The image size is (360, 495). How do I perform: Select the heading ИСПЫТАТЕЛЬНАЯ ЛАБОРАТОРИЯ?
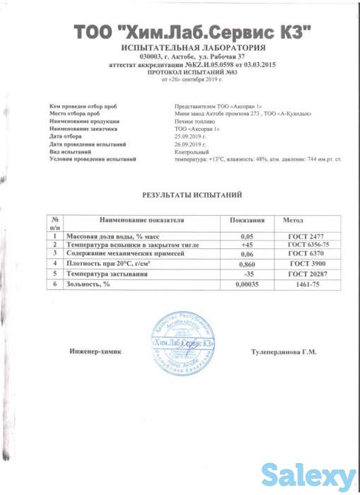point(193,48)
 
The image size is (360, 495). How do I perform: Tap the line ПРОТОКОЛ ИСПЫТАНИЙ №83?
point(193,72)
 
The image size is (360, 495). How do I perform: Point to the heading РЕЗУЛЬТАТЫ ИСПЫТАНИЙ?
point(192,193)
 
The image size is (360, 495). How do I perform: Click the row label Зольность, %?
point(88,283)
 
